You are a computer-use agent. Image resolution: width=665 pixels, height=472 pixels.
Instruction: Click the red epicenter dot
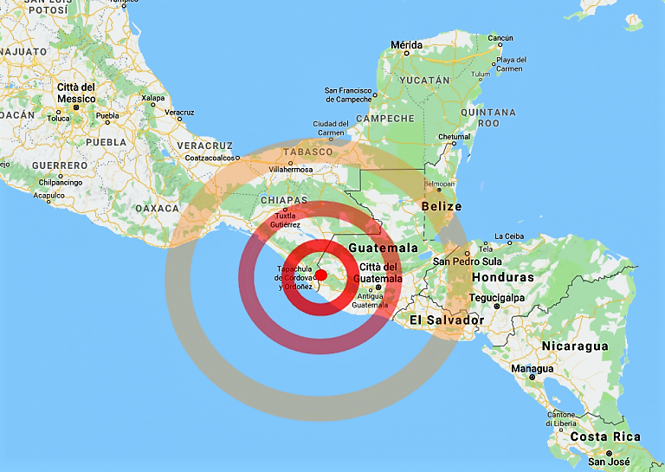click(x=320, y=275)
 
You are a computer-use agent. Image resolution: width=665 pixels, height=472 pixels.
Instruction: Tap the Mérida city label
click(x=407, y=44)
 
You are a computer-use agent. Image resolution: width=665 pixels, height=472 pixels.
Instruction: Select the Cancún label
click(x=500, y=38)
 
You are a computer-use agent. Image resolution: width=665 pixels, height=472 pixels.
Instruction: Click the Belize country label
click(x=442, y=207)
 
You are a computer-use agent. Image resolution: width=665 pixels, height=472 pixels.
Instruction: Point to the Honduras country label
click(x=502, y=277)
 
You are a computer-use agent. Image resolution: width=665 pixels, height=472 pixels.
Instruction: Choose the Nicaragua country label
click(x=575, y=346)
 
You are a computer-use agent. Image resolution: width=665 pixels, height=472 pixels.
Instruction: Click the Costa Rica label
click(x=605, y=436)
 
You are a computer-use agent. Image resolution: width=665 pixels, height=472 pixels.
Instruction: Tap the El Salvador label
click(x=447, y=320)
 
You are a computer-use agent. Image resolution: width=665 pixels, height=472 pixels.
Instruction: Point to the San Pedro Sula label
click(x=468, y=262)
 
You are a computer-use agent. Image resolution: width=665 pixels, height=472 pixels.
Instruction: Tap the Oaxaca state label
click(x=158, y=208)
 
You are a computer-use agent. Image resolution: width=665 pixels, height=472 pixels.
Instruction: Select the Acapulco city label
click(x=48, y=196)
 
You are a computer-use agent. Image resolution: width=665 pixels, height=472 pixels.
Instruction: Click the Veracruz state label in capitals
click(x=204, y=145)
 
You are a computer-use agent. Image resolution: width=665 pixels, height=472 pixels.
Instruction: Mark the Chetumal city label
click(x=454, y=136)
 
